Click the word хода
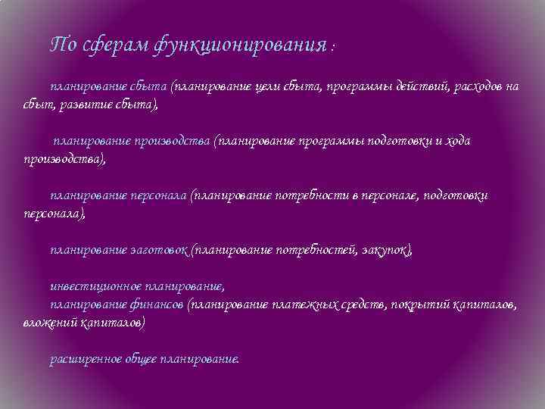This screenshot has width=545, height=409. point(454,141)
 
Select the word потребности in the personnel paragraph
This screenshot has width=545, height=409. point(313,195)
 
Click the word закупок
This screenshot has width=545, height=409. point(387,250)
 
